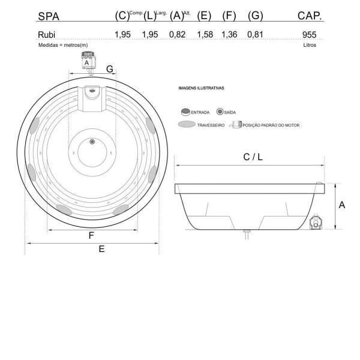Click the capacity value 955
(309, 35)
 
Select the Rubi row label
(47, 35)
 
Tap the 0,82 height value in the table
(177, 34)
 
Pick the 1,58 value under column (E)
(205, 34)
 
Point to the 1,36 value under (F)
(229, 34)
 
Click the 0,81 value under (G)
(255, 34)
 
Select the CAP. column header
(310, 16)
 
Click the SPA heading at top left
(49, 17)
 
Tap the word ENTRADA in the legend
(200, 113)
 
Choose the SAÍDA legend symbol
(220, 112)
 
